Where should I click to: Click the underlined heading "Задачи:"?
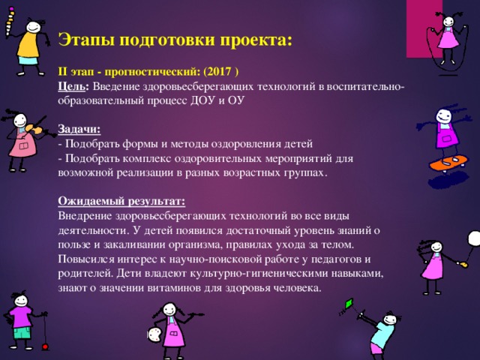pos(79,129)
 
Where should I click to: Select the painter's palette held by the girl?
pos(154,332)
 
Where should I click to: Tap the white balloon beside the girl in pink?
pos(473,238)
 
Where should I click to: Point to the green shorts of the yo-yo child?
pos(20,331)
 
